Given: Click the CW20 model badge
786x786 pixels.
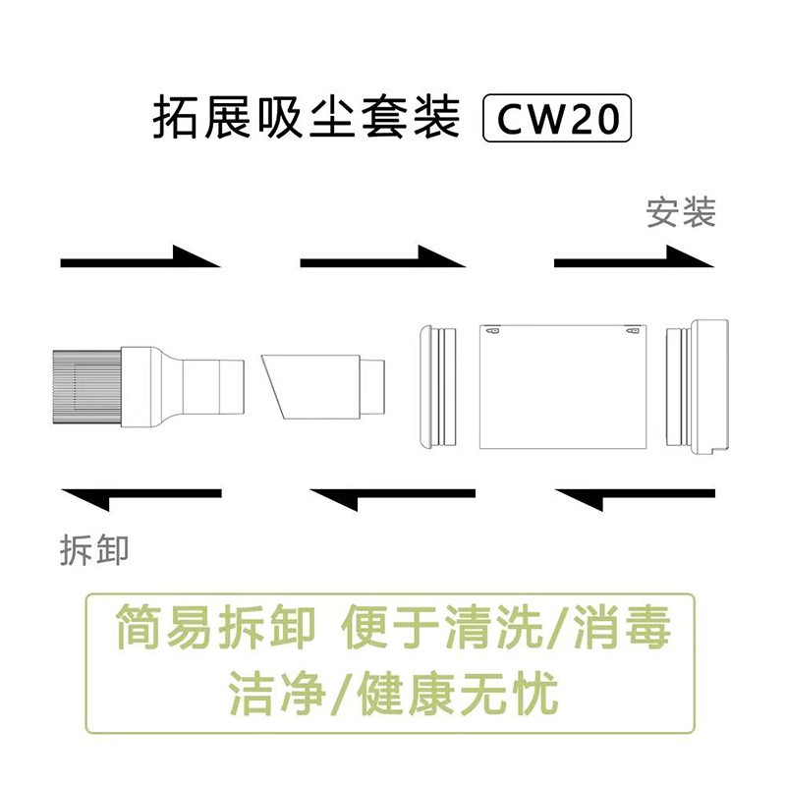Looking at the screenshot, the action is [556, 118].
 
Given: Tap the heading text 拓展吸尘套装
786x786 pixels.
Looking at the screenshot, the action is [307, 118].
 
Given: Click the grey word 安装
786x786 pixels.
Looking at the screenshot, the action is [680, 212].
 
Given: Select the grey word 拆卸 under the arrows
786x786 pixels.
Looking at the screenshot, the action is [94, 550].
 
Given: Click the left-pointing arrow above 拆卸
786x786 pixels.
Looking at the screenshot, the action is [140, 496].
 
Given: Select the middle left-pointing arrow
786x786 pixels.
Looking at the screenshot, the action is [392, 496].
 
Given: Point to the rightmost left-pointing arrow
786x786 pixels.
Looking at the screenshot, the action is [635, 496].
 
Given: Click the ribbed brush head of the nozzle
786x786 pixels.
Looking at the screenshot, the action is [86, 387].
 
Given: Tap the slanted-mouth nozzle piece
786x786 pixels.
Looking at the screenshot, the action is [323, 386].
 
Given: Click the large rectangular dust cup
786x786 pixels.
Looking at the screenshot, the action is [563, 386].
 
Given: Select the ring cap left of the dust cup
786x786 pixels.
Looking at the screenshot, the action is [438, 386].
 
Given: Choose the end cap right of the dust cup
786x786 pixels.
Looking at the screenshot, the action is [698, 386].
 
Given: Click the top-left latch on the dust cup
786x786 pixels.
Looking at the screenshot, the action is [493, 331].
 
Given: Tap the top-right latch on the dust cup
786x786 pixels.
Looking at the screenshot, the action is [632, 331].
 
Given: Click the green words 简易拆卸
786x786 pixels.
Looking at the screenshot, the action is [215, 627].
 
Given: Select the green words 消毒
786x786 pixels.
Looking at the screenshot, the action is [622, 627].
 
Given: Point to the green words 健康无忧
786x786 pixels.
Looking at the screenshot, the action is [458, 694].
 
